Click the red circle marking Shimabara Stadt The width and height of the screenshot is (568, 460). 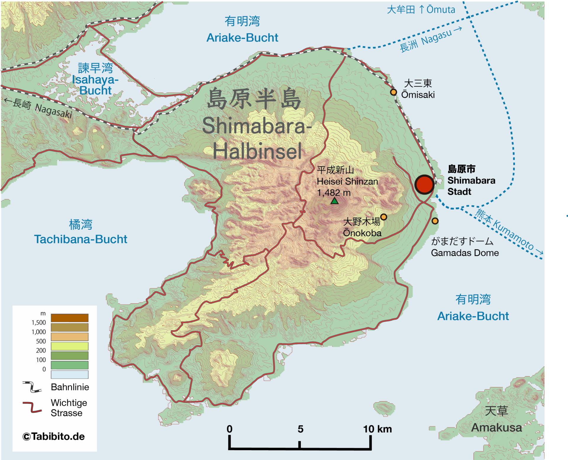[424, 184]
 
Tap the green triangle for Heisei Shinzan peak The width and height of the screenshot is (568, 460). [334, 201]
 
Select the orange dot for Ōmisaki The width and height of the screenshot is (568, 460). [393, 92]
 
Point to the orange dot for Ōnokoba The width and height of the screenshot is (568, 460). [384, 217]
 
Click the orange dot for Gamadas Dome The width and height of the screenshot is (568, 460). [435, 221]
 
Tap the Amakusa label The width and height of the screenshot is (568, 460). [496, 427]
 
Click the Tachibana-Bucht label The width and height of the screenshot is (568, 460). [80, 239]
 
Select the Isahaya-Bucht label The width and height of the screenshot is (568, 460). [95, 85]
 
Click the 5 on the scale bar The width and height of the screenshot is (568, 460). [300, 429]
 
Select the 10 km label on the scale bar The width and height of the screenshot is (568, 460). [377, 429]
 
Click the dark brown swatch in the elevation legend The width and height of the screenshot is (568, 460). [70, 318]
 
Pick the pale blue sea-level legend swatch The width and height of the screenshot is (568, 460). [70, 374]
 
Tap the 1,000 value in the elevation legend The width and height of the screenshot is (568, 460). [39, 332]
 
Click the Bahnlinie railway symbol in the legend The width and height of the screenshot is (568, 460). [32, 387]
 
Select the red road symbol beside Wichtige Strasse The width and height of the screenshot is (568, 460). [32, 407]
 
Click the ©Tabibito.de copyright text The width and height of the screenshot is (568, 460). [54, 436]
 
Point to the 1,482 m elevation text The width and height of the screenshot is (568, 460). [334, 193]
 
